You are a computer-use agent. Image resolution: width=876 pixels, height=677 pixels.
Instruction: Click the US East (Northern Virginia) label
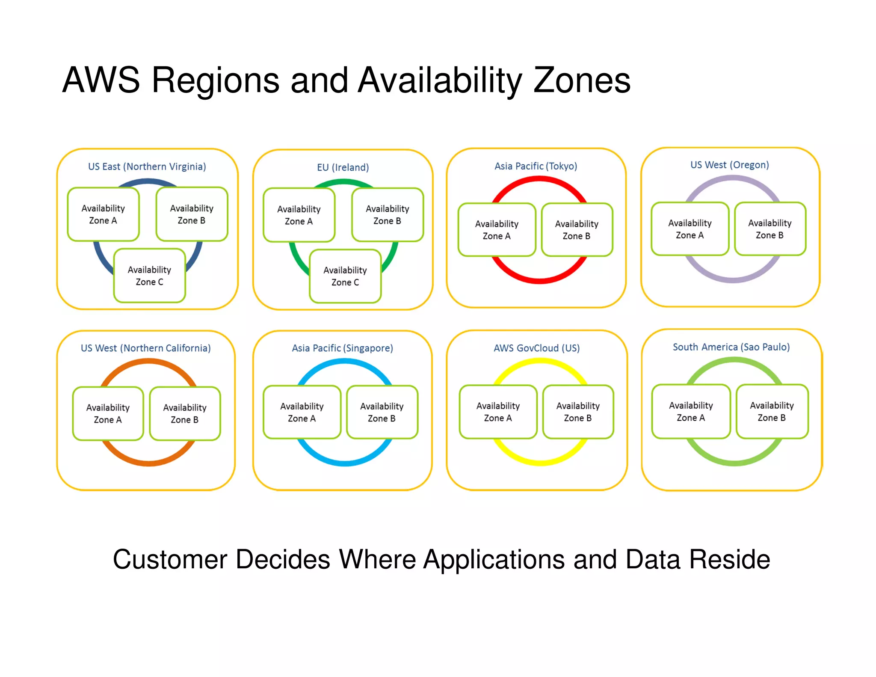click(x=147, y=166)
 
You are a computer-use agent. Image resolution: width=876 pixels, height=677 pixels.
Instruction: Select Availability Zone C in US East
click(x=149, y=276)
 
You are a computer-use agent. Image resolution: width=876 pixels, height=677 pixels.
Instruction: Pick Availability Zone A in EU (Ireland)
click(x=299, y=215)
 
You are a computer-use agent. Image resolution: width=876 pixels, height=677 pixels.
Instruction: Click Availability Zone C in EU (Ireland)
click(x=345, y=276)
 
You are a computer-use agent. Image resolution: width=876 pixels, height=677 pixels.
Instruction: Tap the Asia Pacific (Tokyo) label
click(x=536, y=166)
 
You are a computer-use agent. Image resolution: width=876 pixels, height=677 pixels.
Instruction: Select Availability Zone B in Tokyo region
click(x=577, y=230)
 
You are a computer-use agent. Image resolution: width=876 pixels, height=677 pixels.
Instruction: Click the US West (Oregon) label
click(x=730, y=165)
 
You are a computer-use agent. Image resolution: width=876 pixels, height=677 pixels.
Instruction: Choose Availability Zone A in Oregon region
click(x=690, y=229)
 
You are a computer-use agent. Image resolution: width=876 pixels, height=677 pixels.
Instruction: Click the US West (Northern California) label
click(x=146, y=348)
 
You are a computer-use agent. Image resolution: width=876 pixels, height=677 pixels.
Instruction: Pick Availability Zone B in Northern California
click(x=185, y=413)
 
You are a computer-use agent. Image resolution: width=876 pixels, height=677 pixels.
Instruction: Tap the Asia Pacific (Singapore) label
click(x=342, y=348)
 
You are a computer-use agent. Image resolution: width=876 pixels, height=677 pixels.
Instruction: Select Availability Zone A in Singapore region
click(x=302, y=412)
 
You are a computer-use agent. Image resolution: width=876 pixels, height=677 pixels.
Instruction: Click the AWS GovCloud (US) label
click(x=537, y=348)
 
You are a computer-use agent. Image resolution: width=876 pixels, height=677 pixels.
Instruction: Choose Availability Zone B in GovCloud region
click(x=578, y=412)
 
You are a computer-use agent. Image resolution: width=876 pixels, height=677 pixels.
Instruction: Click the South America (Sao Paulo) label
click(x=731, y=347)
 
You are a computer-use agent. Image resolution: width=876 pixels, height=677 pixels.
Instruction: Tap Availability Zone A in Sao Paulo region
click(x=691, y=411)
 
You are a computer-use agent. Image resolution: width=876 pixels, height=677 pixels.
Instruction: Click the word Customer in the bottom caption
click(x=170, y=559)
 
